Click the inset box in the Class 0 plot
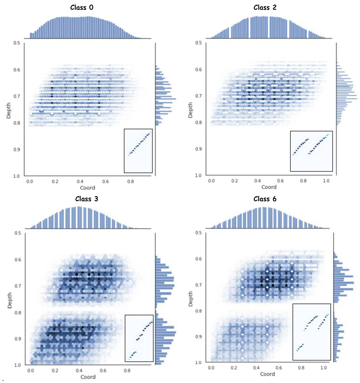point(138,150)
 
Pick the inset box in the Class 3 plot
point(139,338)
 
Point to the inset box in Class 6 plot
point(312,332)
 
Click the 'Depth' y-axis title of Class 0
point(9,109)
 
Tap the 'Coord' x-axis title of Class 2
point(269,187)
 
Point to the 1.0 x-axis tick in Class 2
point(326,181)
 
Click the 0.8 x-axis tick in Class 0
point(130,181)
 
